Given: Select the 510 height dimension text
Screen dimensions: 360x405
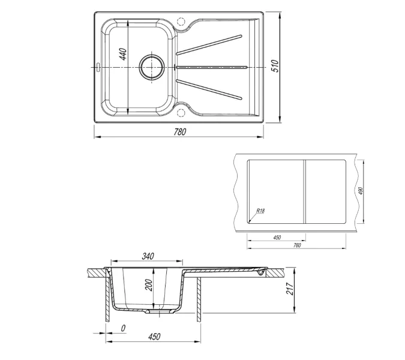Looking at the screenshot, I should [275, 66].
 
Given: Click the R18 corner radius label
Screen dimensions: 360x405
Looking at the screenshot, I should [260, 211].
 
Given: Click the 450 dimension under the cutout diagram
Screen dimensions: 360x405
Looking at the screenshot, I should [277, 238].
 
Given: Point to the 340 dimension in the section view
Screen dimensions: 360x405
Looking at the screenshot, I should [148, 256].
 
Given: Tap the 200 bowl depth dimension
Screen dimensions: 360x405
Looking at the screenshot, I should [149, 284].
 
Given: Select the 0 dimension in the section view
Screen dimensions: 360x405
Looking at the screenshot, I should [122, 328].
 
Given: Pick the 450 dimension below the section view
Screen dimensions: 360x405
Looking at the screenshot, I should [154, 337].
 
